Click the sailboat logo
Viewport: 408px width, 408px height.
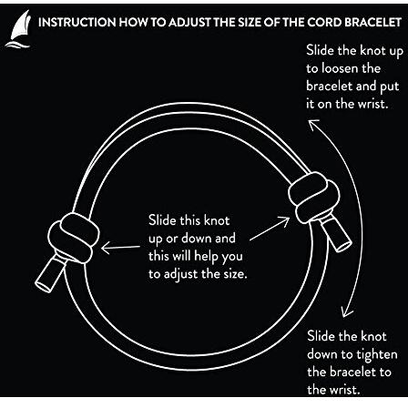coord(18,29)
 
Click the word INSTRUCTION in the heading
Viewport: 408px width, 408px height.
coord(77,23)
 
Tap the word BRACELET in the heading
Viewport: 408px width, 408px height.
coord(373,23)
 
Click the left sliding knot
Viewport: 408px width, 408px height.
coord(74,237)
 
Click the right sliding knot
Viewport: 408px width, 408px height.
coord(313,197)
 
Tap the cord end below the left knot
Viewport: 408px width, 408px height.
coord(50,273)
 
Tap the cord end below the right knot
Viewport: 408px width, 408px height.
coord(336,233)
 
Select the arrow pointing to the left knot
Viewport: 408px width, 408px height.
coord(120,248)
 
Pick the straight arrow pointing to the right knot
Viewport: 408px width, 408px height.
coord(270,229)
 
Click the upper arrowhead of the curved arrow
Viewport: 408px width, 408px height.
coord(312,125)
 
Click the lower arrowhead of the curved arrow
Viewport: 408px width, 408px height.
coord(346,311)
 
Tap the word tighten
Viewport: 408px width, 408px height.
coord(376,355)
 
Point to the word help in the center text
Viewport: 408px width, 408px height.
coord(206,257)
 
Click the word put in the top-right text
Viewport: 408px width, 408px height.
coord(390,87)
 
